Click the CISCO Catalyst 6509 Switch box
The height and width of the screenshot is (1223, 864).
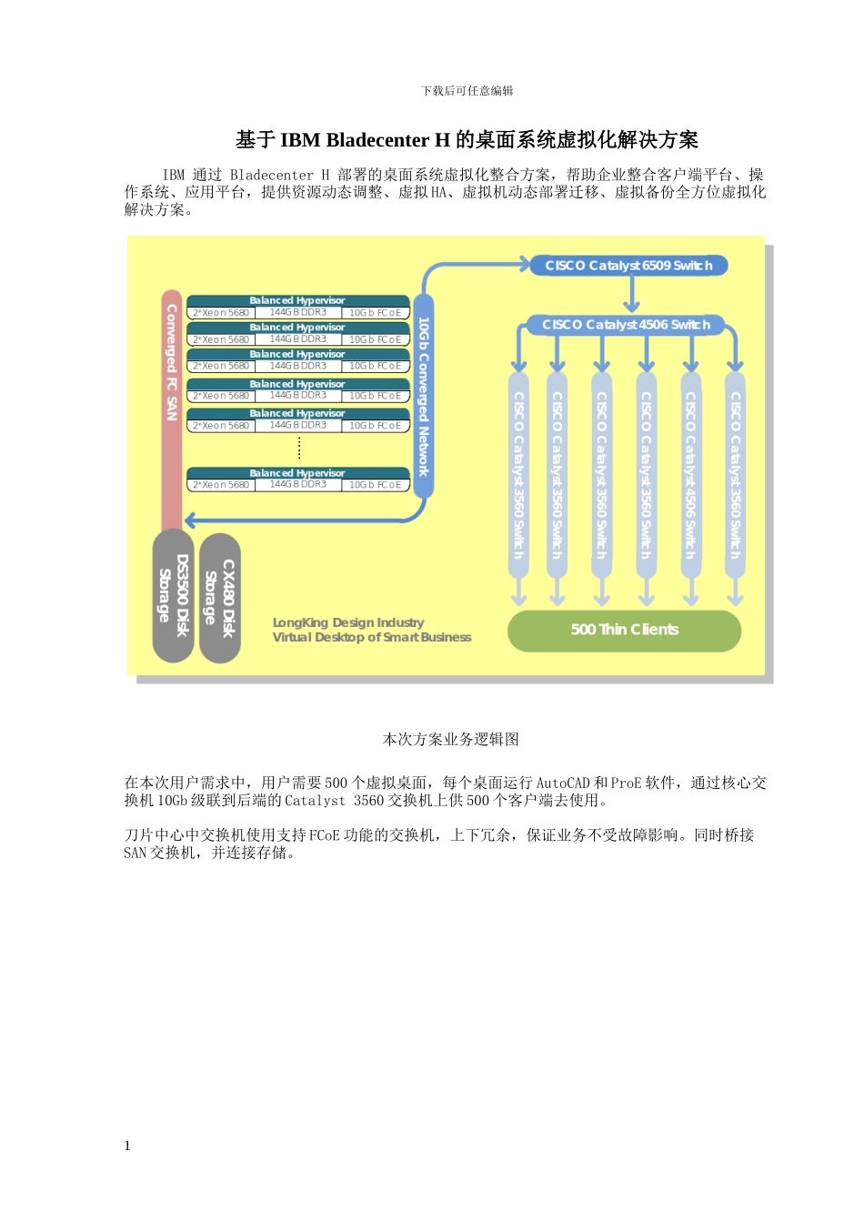pos(628,266)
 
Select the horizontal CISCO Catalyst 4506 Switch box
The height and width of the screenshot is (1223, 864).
pos(626,325)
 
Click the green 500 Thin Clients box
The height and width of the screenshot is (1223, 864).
pos(624,630)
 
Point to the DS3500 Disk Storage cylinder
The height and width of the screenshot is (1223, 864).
pos(172,596)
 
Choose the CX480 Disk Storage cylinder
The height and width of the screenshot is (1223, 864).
pos(219,598)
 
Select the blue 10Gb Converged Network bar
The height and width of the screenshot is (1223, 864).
pos(423,396)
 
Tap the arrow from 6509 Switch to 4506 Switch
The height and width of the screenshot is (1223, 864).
pos(632,295)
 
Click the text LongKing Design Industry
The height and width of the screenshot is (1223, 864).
pos(348,622)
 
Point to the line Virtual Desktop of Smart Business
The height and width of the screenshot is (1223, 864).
pos(372,638)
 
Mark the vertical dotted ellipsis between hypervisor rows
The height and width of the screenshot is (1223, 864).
pos(299,448)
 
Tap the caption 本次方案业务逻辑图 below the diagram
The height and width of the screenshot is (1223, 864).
pos(451,740)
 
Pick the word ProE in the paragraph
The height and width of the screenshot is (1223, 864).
pos(627,783)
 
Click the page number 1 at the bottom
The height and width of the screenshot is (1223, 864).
pos(127,1146)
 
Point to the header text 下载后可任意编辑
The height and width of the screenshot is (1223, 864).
pos(467,91)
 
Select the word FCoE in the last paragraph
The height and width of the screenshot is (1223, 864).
pos(325,835)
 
